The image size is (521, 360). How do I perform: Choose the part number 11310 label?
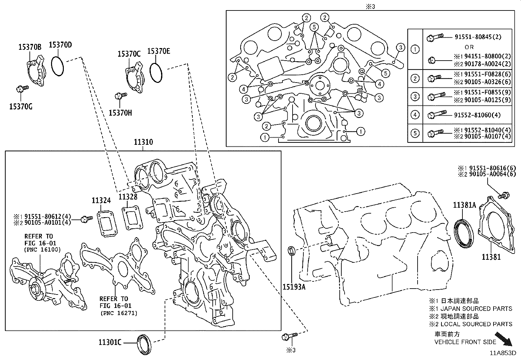(143, 142)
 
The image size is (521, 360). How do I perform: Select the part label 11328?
(128, 197)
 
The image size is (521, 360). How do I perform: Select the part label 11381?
(491, 257)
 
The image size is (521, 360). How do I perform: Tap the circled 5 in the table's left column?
(415, 133)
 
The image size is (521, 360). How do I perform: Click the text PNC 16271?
(119, 313)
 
